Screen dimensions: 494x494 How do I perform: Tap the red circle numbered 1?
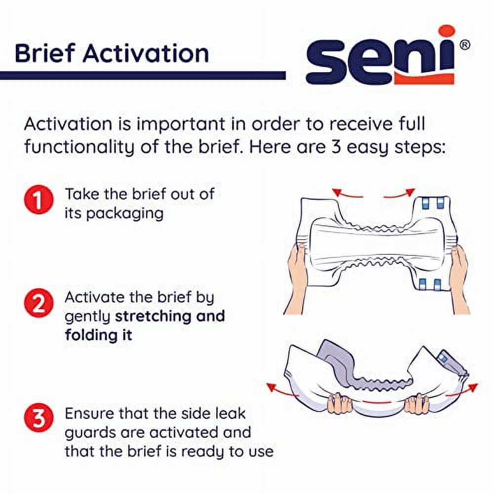[x=39, y=200]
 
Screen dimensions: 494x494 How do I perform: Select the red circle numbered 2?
[x=39, y=303]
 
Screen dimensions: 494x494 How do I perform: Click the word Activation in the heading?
[x=146, y=53]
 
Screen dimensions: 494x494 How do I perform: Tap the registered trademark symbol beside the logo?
[x=465, y=45]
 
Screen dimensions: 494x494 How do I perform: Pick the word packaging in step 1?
[x=125, y=214]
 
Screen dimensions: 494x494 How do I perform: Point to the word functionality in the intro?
[x=80, y=147]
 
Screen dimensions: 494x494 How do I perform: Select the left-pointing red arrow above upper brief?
[x=347, y=193]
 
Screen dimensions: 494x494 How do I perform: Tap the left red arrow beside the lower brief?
[x=282, y=390]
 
